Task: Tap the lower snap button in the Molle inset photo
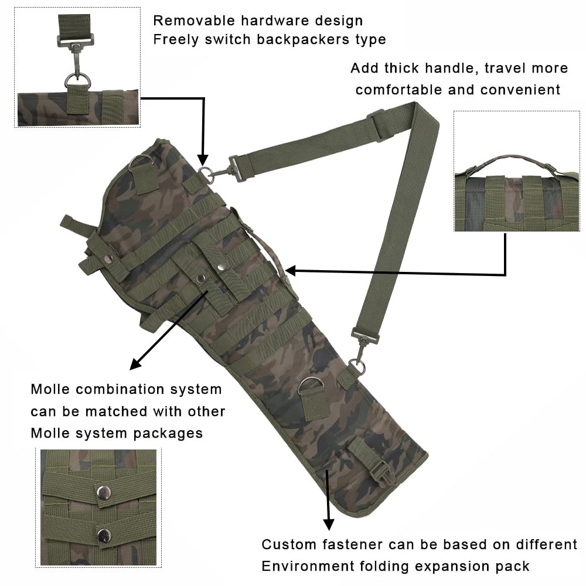(x=104, y=534)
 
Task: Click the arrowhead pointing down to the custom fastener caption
(x=329, y=523)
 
